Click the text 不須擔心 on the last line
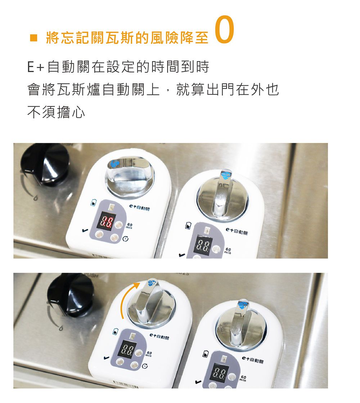click(57, 113)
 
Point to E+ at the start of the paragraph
click(36, 67)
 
